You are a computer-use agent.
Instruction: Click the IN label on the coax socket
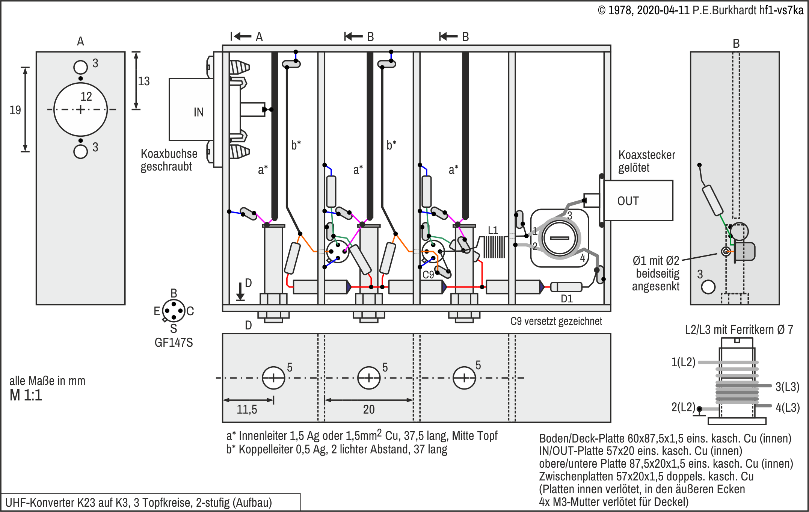198,112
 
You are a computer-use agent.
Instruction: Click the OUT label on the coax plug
628,201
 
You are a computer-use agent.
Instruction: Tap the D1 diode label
567,299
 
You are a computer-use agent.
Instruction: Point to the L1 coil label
493,230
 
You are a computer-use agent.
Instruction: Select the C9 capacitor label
428,275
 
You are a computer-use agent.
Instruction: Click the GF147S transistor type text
174,343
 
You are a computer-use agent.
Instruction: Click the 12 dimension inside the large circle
86,97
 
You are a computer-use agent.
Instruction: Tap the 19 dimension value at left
15,110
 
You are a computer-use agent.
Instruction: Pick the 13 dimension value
144,81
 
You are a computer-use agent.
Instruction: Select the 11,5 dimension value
247,409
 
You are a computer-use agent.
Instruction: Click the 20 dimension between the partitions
368,409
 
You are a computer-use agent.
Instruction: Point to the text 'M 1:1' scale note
26,396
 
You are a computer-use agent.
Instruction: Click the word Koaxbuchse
169,154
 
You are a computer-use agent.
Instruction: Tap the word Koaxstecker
646,155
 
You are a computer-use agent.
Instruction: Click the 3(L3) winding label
787,387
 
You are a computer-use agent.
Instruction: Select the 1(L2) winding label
683,362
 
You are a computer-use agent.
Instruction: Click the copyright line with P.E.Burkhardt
700,10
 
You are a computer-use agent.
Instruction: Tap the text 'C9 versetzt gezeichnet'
556,321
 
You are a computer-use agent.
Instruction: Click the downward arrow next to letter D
240,292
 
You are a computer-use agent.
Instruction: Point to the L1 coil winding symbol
494,247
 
